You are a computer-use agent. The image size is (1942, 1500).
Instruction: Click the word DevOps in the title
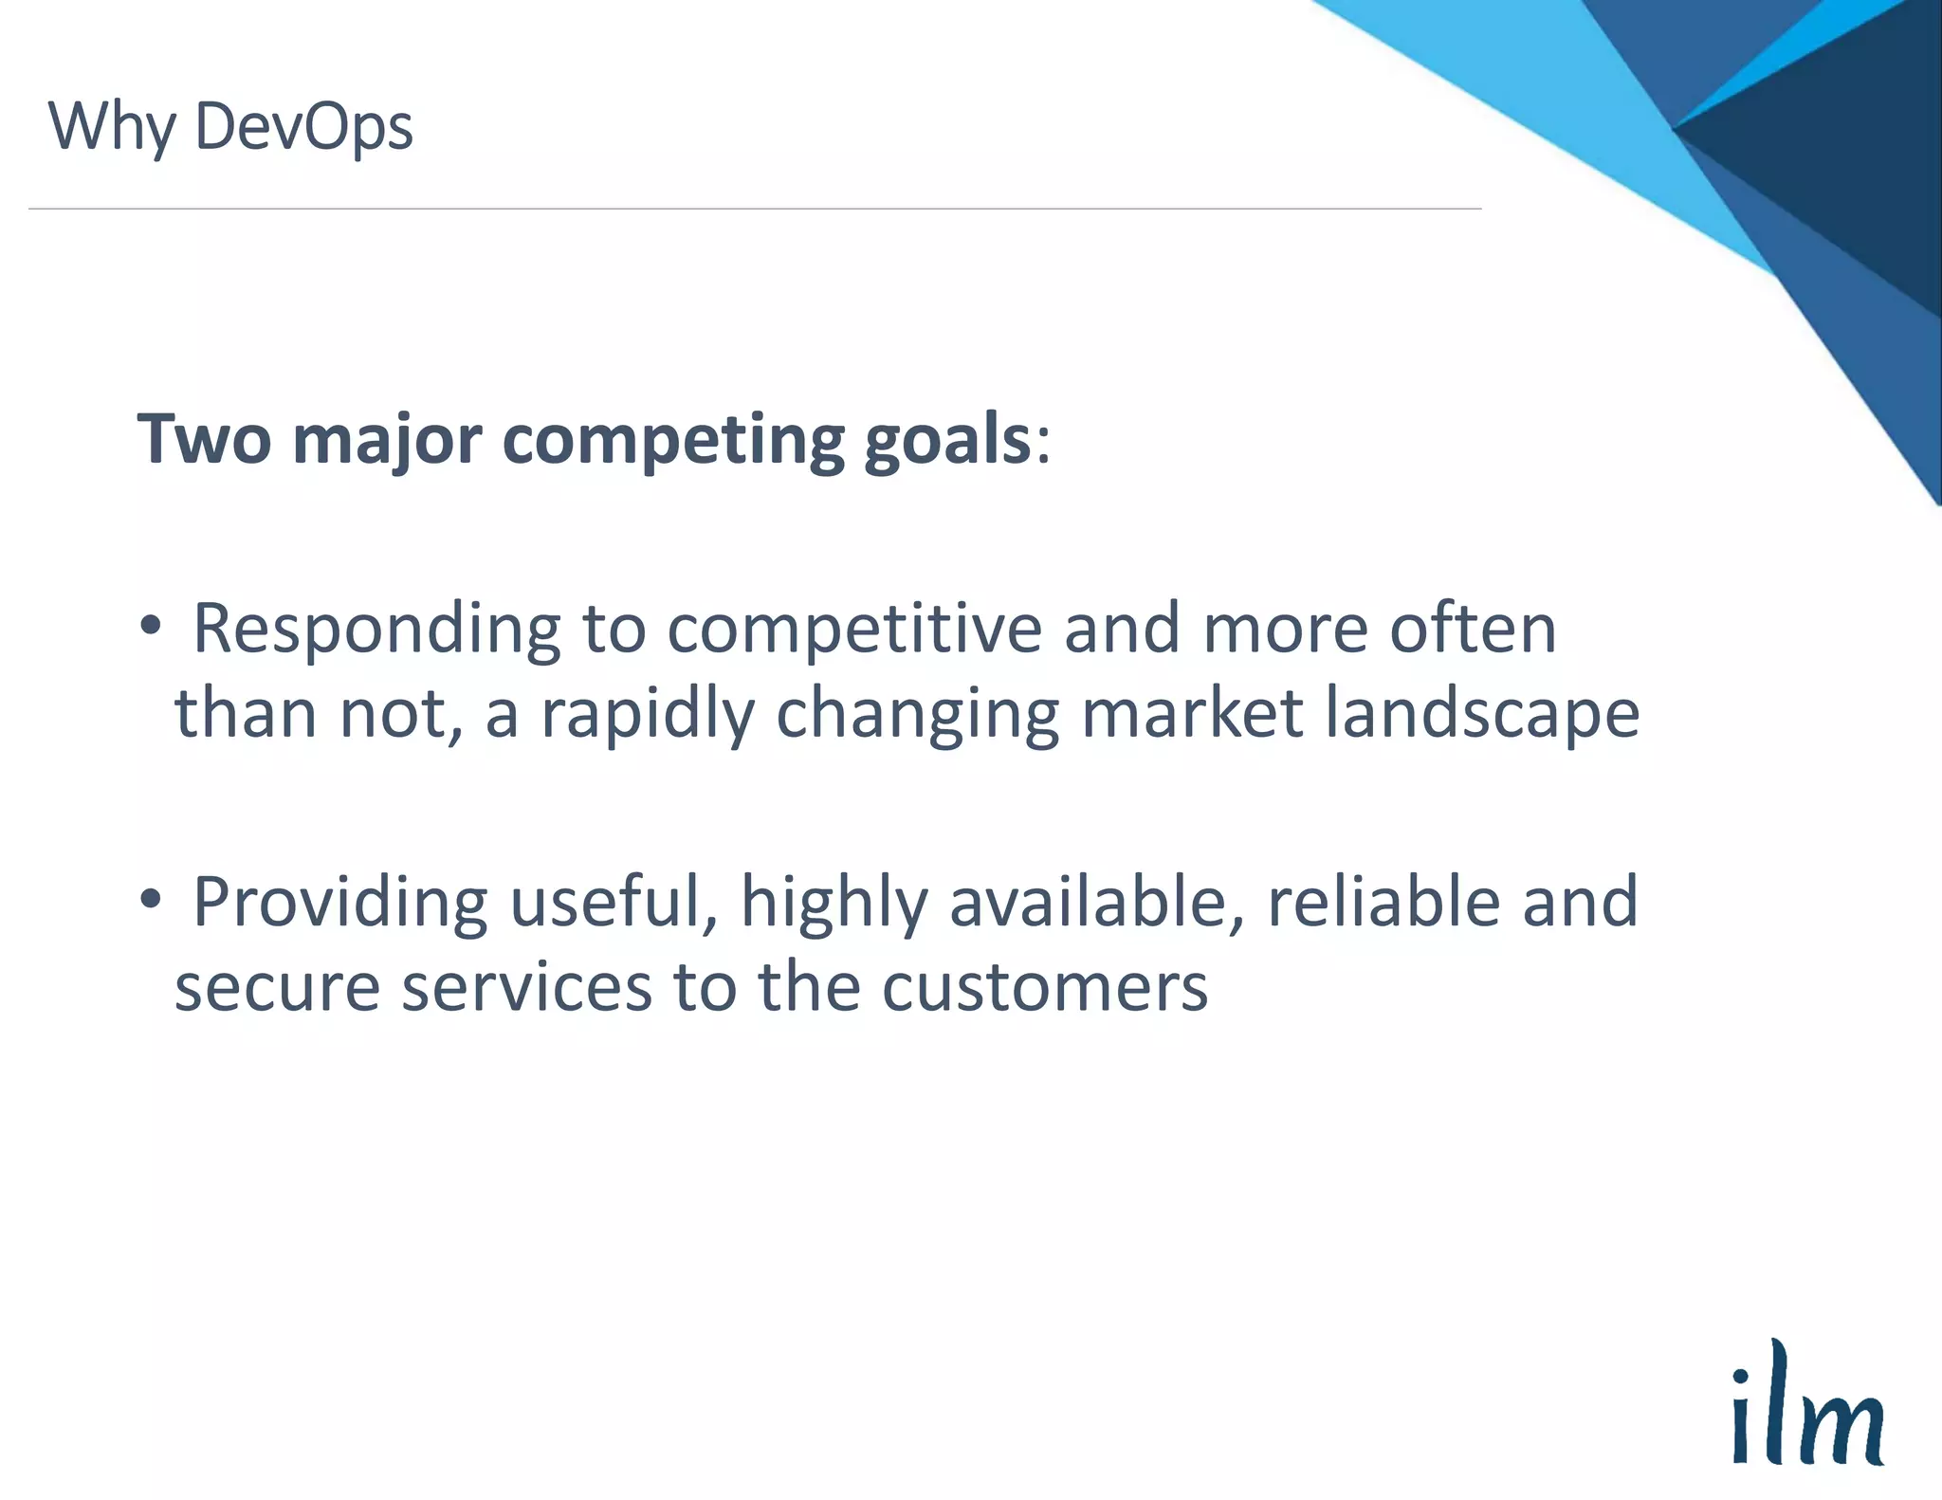click(303, 127)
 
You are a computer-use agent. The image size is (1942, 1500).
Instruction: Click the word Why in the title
click(112, 127)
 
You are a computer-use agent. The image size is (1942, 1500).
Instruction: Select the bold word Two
click(205, 440)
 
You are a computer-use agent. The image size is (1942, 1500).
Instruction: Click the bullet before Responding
click(150, 627)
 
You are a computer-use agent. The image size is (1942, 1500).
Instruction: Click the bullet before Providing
click(150, 900)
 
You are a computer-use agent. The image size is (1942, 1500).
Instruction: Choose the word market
click(1192, 713)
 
